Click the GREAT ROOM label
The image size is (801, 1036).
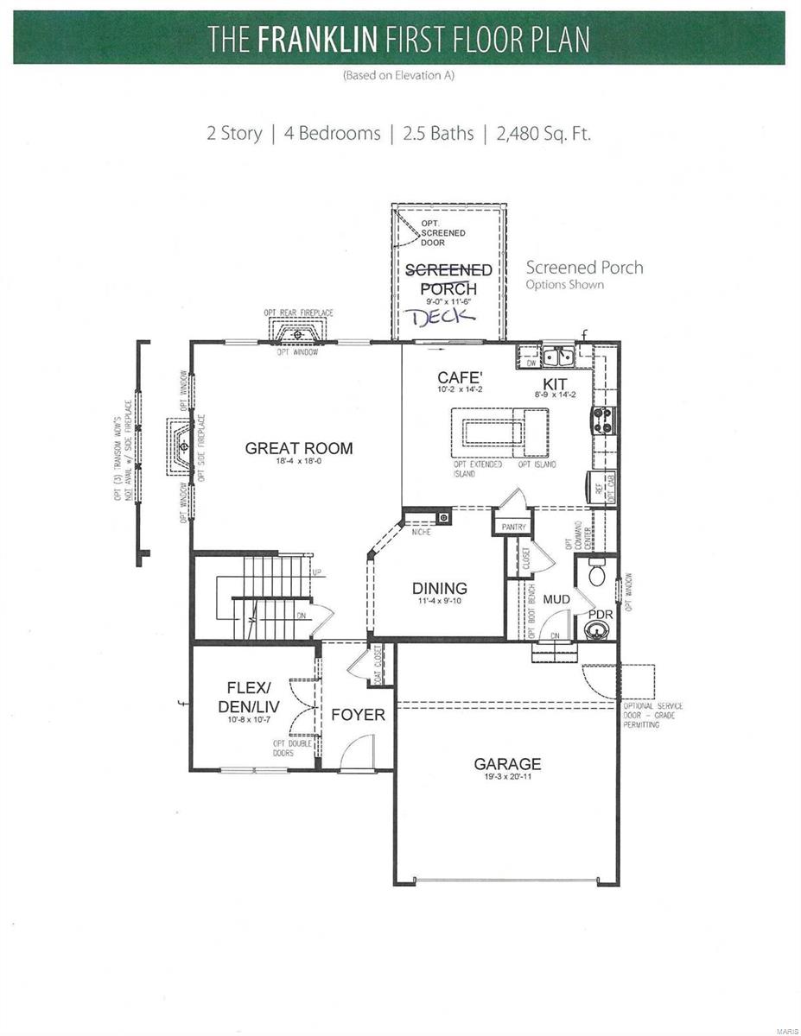[x=298, y=448]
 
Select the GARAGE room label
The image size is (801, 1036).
[x=507, y=763]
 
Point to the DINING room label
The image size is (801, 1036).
[x=439, y=589]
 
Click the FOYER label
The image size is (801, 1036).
[x=358, y=715]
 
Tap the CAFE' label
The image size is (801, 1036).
[x=459, y=377]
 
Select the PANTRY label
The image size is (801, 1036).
[x=513, y=526]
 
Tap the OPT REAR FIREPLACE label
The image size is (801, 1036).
[x=299, y=313]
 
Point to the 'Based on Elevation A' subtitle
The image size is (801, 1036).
[x=399, y=75]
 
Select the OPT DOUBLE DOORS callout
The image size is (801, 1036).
[x=283, y=748]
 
